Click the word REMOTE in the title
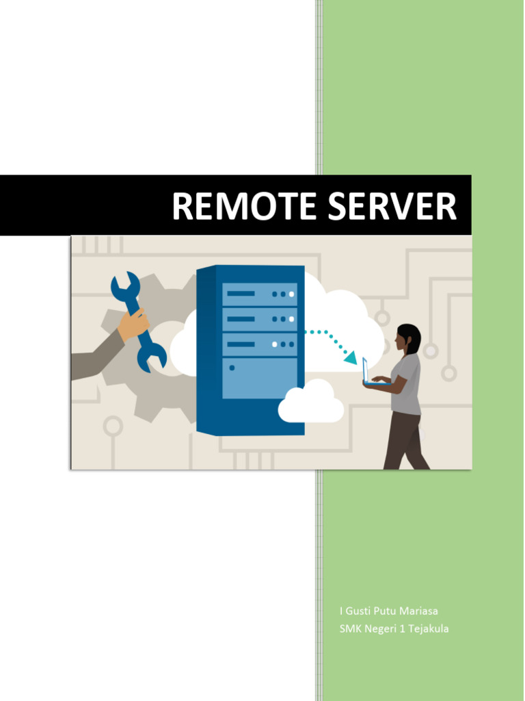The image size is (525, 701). [243, 207]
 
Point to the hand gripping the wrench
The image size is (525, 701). [133, 325]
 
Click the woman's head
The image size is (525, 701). [408, 337]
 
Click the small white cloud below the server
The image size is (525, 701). [311, 403]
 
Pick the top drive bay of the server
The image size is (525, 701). [260, 294]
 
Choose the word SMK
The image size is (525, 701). [349, 628]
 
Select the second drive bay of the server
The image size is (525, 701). [260, 319]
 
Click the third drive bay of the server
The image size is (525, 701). [260, 344]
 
